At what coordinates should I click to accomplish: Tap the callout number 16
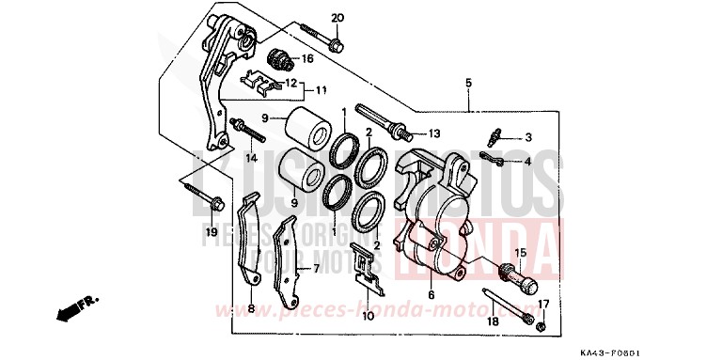click(307, 59)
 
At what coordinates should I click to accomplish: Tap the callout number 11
click(321, 91)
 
